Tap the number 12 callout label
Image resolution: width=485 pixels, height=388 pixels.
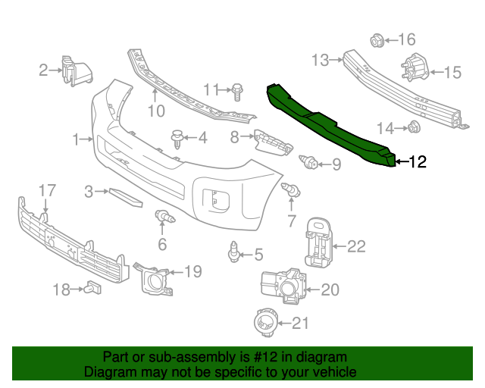418,161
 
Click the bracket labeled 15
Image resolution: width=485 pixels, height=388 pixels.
413,70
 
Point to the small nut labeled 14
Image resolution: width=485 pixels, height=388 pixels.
414,127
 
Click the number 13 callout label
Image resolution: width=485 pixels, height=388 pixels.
320,58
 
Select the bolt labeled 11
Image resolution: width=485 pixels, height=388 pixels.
237,90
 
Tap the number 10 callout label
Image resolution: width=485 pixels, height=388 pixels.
155,111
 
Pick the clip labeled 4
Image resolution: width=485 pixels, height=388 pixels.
177,138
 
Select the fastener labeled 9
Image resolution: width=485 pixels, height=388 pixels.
309,162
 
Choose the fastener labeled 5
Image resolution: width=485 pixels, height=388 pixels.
235,251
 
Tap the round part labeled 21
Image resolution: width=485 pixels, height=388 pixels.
266,323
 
